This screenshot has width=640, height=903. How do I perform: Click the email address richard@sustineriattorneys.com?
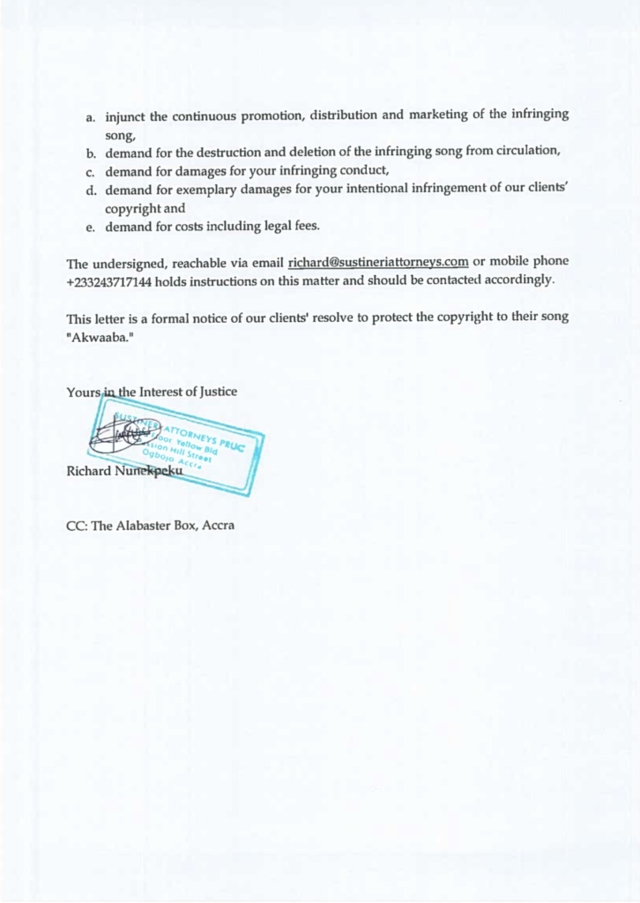click(377, 262)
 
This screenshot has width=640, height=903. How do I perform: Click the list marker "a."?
click(91, 116)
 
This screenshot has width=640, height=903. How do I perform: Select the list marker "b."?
click(91, 153)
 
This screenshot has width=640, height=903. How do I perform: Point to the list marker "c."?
click(91, 170)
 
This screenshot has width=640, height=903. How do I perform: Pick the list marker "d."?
click(91, 190)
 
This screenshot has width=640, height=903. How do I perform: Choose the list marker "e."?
click(91, 227)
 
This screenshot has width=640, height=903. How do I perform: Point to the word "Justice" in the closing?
click(216, 392)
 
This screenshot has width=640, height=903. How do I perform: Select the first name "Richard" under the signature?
click(89, 471)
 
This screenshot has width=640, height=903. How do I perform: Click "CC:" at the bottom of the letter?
click(77, 526)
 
